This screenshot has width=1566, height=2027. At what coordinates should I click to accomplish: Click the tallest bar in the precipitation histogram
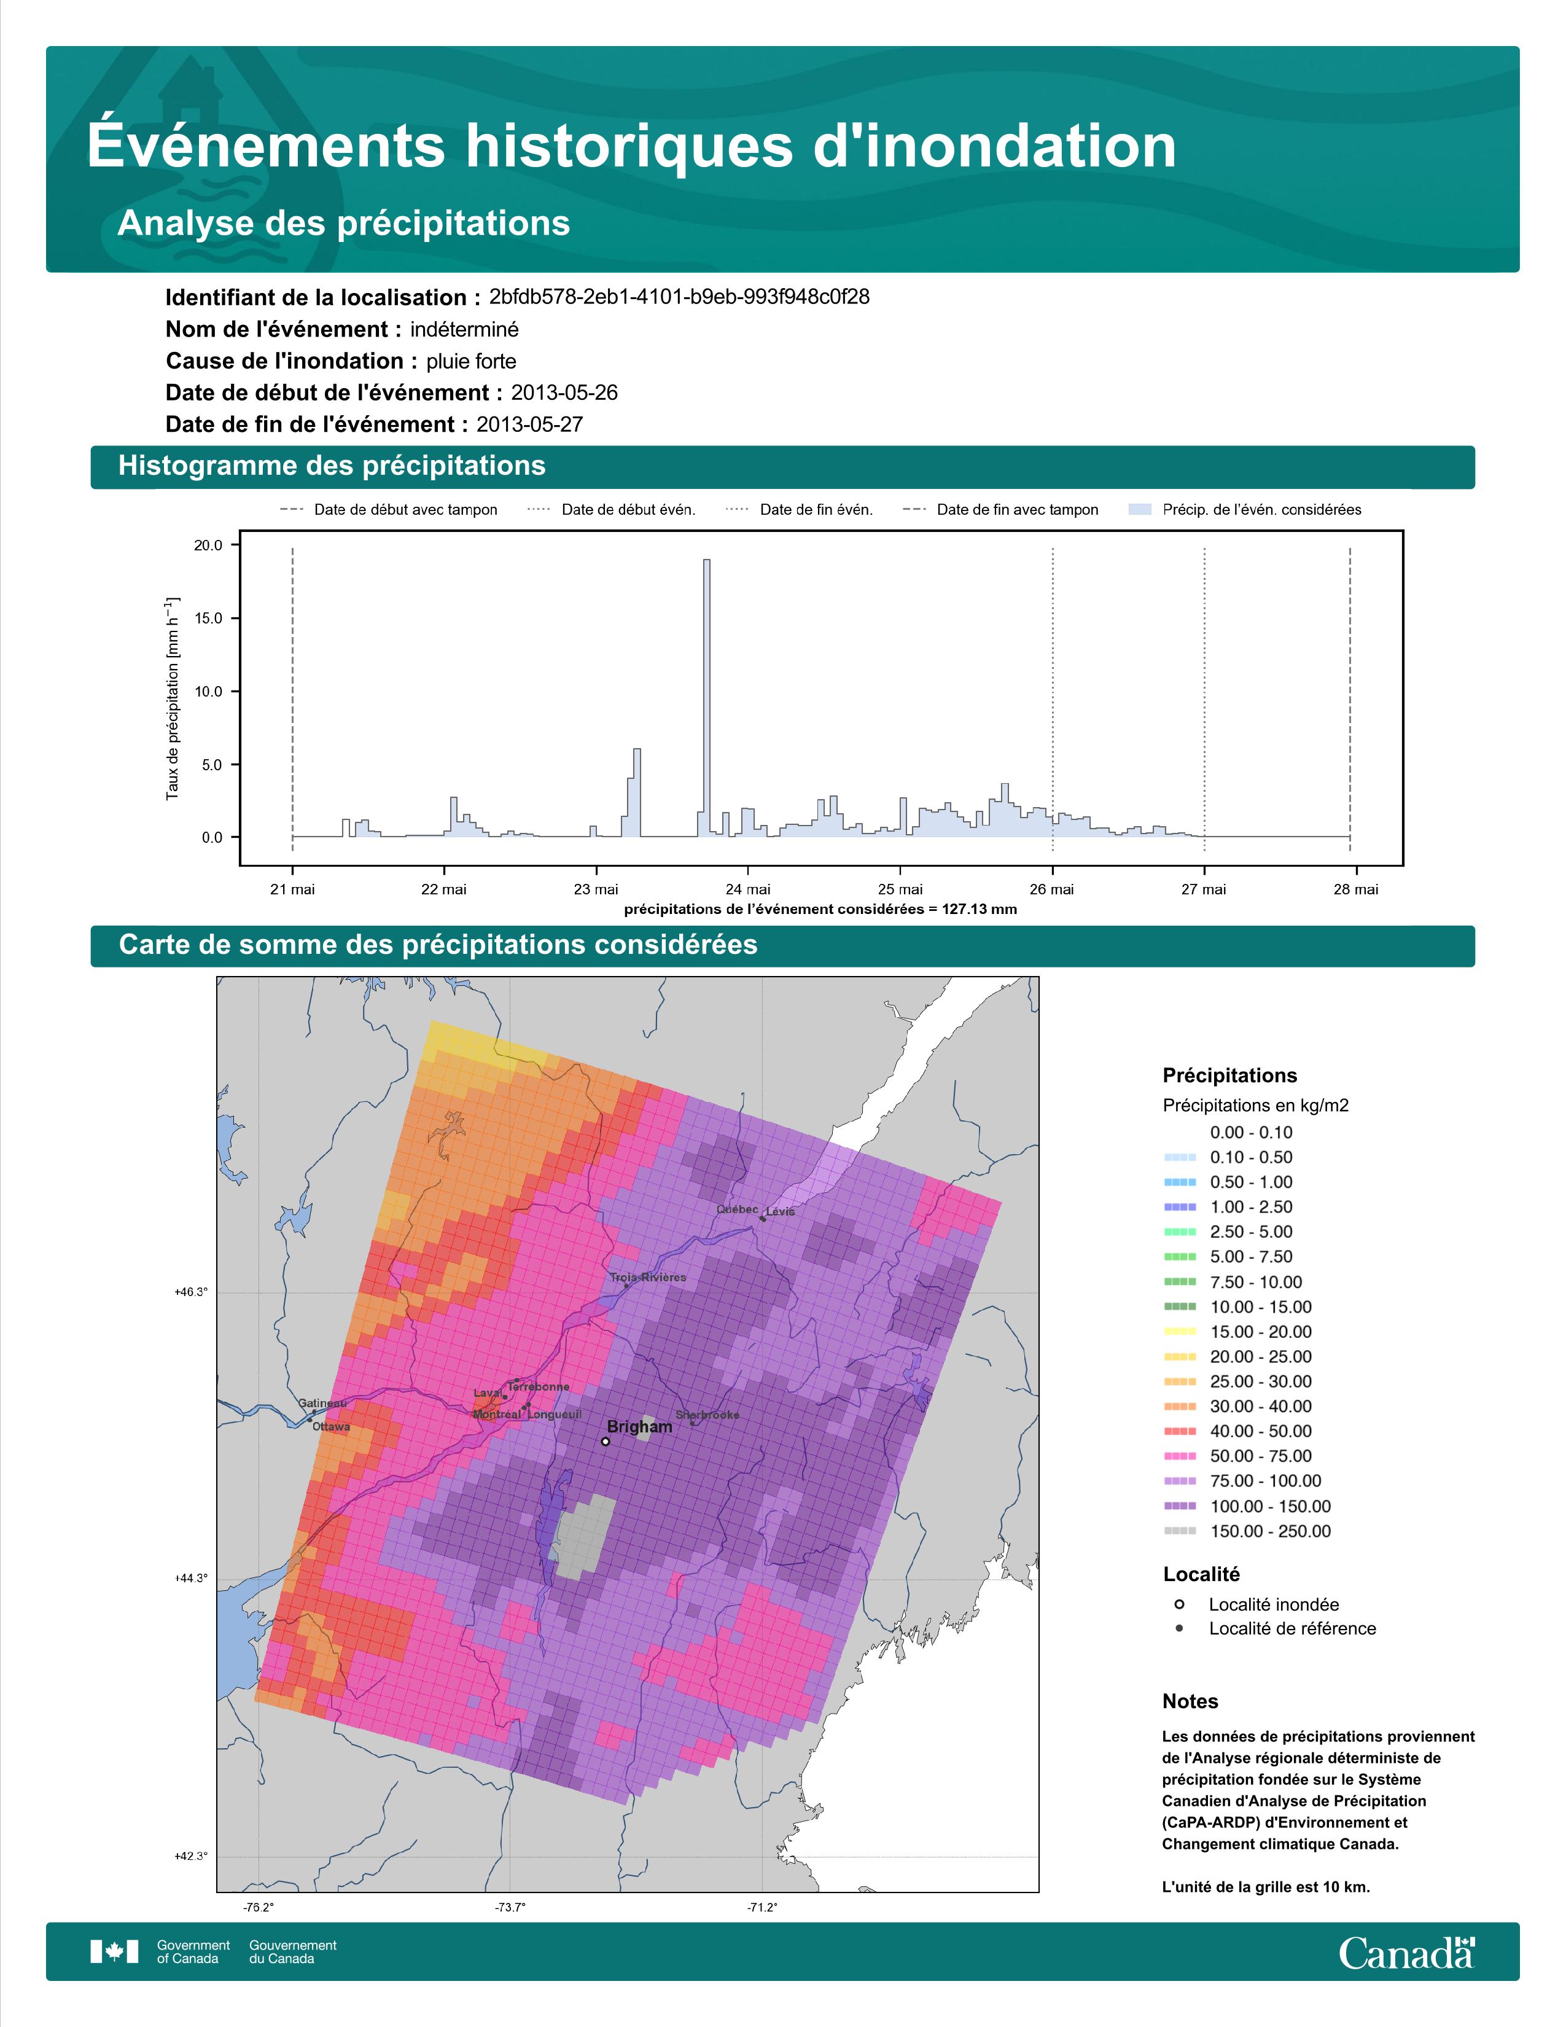point(707,698)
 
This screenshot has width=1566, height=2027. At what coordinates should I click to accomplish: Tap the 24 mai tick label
point(748,889)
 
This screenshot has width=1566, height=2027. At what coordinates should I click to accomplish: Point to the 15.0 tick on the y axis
point(208,618)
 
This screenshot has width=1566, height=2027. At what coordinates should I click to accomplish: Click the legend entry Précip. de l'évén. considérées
point(1245,510)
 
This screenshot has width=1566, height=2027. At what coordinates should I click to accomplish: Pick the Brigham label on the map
point(639,1426)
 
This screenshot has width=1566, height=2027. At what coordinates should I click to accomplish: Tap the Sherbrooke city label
point(708,1415)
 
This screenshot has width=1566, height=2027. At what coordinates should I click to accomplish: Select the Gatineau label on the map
point(322,1404)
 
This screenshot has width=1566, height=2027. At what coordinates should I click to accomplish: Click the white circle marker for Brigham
point(605,1442)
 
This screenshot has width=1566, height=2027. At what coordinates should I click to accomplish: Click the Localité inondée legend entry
point(1257,1604)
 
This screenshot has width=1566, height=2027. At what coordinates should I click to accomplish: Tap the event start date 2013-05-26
point(564,393)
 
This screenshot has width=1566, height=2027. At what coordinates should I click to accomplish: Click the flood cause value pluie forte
point(471,361)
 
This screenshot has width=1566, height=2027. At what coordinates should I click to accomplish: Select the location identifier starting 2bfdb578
point(679,297)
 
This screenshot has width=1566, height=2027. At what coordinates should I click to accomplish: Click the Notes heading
point(1190,1701)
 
